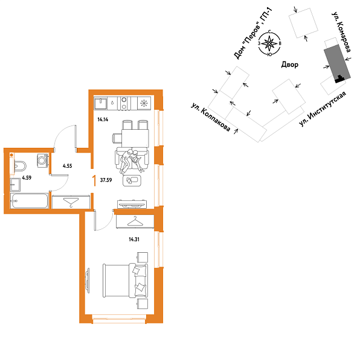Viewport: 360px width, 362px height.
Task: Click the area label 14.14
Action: click(102, 119)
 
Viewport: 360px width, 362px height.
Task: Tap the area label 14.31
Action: click(134, 239)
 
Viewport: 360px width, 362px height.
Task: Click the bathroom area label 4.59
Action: click(27, 178)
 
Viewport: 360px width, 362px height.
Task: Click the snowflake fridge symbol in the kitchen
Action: click(144, 103)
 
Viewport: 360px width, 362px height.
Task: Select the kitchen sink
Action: click(101, 103)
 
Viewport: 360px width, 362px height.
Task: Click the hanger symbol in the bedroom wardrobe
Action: click(138, 221)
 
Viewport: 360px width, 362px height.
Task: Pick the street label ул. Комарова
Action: click(342, 34)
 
